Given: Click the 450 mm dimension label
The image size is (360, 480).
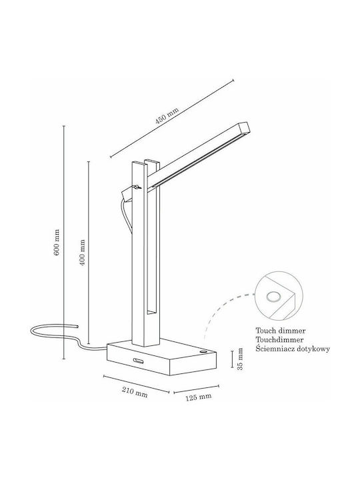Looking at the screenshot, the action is (x=167, y=115).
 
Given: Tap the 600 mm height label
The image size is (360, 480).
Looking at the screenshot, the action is (x=57, y=243).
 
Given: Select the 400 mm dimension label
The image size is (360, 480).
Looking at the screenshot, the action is (x=82, y=252).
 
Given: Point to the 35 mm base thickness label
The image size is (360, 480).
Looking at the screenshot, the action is (x=240, y=359).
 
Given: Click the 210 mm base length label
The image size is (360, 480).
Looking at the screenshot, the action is (x=135, y=392).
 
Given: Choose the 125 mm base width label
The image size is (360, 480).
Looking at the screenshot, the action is (x=198, y=397).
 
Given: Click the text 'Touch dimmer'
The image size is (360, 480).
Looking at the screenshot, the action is (x=281, y=331).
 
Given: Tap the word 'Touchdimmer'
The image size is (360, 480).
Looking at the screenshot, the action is (x=280, y=339).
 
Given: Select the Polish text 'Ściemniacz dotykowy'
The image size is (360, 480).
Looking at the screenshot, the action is (x=293, y=349).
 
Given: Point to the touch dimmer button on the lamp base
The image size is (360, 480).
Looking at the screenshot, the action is (x=203, y=352).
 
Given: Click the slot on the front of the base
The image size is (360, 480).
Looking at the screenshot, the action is (x=139, y=360).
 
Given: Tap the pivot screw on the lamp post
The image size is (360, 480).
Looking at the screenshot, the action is (x=137, y=187).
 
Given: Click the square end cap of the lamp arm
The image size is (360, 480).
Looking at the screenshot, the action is (x=245, y=128).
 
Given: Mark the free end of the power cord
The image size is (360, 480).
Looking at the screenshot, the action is (x=77, y=326).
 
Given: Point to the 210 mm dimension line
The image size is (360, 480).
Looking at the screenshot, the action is (x=136, y=384).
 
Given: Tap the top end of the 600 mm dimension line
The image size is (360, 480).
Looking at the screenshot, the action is (x=64, y=126).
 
